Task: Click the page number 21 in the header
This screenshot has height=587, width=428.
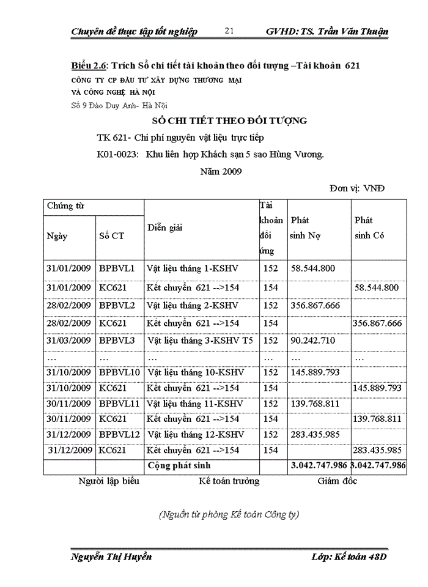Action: tap(230, 31)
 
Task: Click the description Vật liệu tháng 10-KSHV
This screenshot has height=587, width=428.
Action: tap(196, 372)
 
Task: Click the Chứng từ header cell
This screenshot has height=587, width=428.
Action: tap(65, 206)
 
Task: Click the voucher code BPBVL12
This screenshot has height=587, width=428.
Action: tap(120, 434)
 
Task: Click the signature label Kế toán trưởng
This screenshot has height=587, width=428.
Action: tap(229, 481)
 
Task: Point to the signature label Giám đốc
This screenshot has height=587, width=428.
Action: tap(337, 481)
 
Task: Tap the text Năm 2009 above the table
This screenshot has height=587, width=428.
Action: tap(221, 171)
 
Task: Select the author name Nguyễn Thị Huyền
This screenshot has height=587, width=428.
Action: tap(111, 556)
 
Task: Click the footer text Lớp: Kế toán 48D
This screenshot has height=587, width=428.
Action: tap(349, 556)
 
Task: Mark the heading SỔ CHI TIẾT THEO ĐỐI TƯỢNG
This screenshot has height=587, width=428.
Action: tap(229, 120)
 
